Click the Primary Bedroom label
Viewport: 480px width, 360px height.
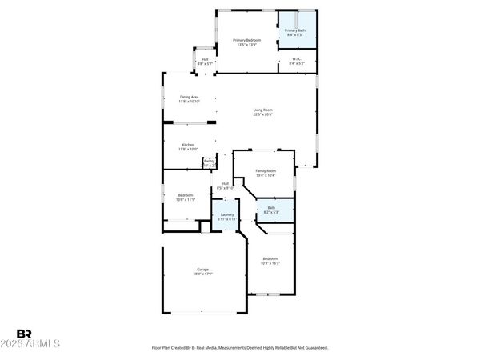(x=246, y=40)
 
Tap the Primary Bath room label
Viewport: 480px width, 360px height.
(x=294, y=30)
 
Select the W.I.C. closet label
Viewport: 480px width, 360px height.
(x=295, y=58)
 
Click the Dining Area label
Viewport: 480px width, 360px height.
(x=189, y=97)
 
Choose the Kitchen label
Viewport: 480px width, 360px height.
(x=188, y=145)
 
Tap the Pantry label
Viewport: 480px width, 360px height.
(x=209, y=161)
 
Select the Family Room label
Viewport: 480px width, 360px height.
(x=266, y=170)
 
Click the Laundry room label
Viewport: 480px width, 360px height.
(x=226, y=214)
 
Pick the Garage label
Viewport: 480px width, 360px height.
(x=203, y=269)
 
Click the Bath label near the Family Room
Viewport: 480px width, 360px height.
(x=271, y=207)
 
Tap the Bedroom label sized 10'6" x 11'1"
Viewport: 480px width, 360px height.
(x=185, y=195)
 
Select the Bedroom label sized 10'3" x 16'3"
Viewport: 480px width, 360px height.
(x=270, y=258)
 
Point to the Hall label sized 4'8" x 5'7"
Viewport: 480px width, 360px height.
(x=205, y=59)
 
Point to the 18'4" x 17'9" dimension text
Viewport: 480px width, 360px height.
(x=203, y=274)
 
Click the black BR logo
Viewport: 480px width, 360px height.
(x=24, y=334)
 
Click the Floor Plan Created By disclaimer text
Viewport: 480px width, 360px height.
(x=240, y=348)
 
